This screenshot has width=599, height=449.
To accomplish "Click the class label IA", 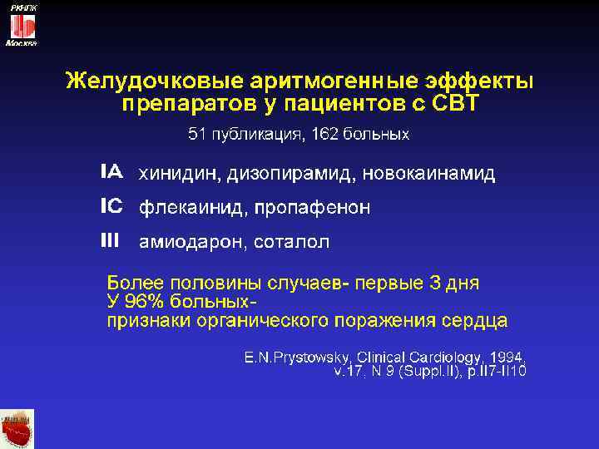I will click(x=111, y=173).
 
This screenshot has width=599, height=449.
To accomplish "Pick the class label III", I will click(x=110, y=241).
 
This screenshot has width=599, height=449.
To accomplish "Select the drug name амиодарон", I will click(x=188, y=243).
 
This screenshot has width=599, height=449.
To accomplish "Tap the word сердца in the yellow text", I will click(x=473, y=320).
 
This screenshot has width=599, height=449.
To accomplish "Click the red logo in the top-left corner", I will click(x=21, y=25).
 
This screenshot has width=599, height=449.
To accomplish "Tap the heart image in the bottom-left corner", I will click(x=17, y=429).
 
